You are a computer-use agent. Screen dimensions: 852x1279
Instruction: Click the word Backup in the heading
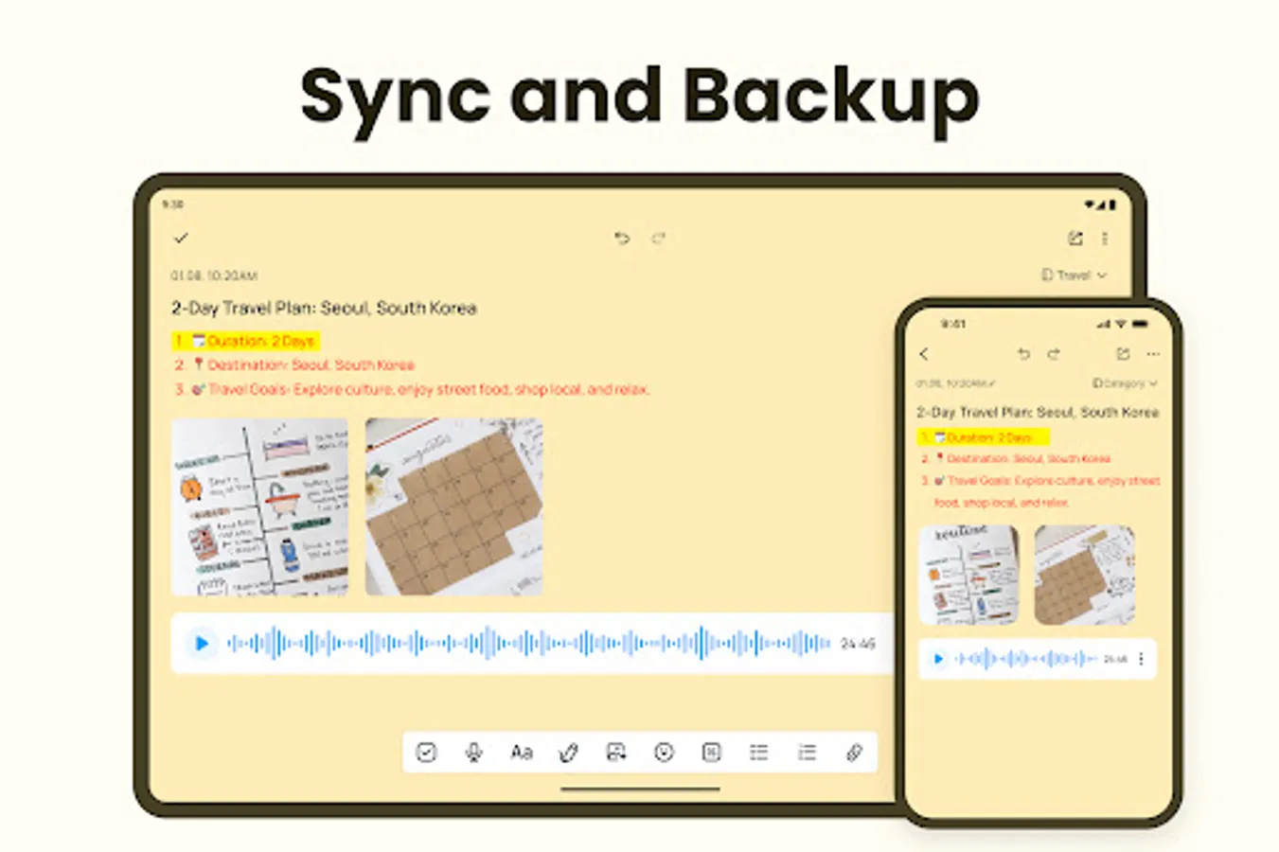830,97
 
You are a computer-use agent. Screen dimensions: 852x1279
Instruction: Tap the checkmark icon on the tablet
181,239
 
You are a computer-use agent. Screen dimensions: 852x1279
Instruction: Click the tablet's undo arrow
622,239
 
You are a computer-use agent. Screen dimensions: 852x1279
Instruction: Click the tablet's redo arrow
659,239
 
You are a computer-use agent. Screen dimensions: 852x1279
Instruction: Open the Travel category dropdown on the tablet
1074,275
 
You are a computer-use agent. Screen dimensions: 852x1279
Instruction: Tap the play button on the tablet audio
202,644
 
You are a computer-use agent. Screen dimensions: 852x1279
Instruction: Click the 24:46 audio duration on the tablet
858,644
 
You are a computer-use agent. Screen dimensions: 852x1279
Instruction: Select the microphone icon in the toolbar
473,753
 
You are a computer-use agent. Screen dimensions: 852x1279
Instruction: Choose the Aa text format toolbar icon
522,753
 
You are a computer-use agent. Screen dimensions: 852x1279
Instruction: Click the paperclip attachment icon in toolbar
854,753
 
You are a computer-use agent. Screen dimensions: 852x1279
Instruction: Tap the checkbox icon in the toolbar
426,753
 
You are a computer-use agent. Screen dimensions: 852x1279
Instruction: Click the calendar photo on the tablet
453,506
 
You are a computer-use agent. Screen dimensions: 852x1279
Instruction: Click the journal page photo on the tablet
260,506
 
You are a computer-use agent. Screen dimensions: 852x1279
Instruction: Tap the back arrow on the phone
925,354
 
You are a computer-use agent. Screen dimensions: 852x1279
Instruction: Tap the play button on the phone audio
938,659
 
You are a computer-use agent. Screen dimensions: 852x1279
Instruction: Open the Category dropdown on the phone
1125,383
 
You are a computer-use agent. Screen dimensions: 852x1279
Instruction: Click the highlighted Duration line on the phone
984,437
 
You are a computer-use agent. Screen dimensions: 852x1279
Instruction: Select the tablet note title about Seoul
324,309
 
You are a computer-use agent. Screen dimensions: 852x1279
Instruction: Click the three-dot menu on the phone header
1153,354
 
